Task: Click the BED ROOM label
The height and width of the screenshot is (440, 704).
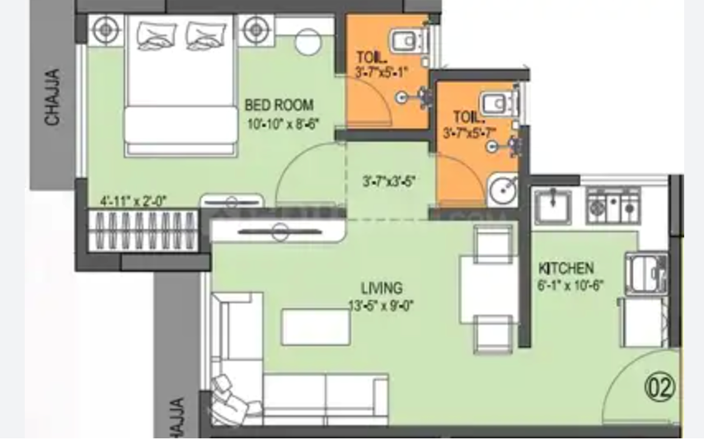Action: [279, 105]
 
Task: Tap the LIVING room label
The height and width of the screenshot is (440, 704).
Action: [381, 288]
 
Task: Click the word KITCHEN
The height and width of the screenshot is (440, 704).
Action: [566, 269]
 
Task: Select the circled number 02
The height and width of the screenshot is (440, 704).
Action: [660, 386]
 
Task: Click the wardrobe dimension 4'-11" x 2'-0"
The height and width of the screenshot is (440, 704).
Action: [134, 200]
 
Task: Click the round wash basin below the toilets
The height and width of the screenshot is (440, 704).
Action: [501, 190]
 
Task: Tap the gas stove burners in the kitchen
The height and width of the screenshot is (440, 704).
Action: [612, 204]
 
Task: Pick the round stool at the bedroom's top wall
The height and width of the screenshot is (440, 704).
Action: [311, 40]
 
